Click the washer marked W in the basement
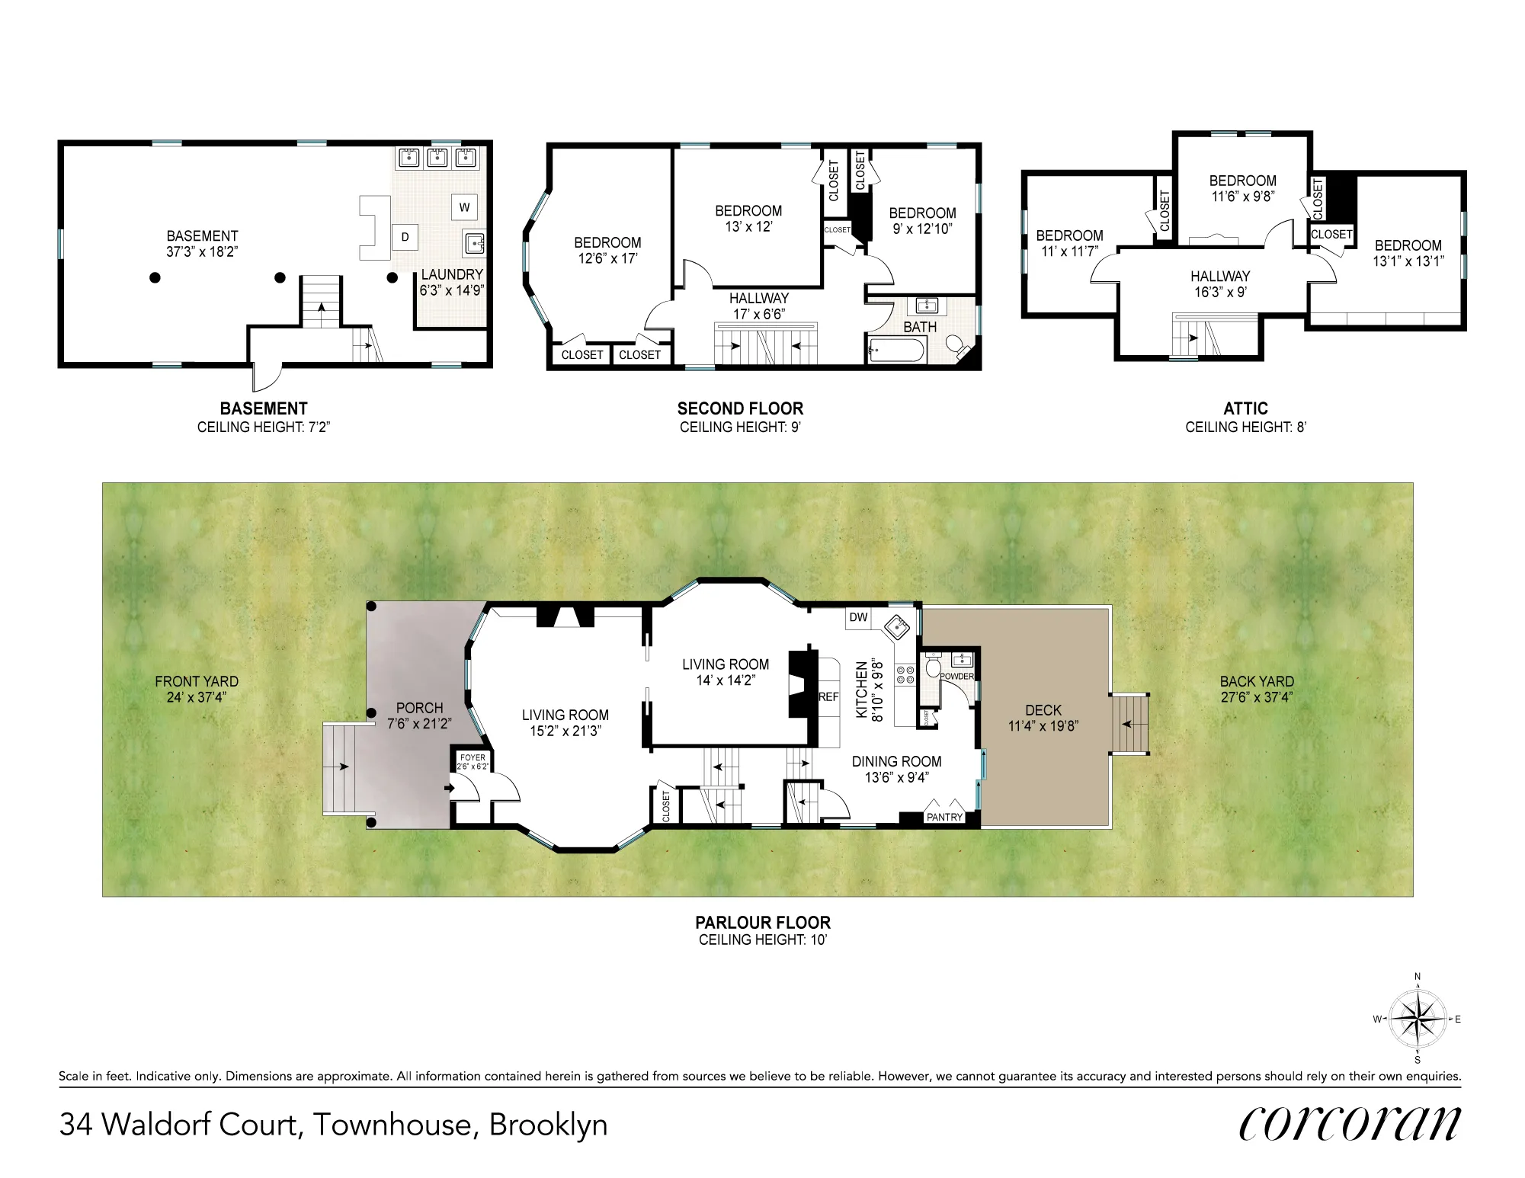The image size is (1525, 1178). [x=464, y=207]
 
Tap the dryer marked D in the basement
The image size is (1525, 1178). [x=405, y=237]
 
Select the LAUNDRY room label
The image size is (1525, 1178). [x=452, y=274]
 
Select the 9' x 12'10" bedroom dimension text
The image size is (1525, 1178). [x=922, y=229]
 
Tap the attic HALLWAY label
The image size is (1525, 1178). [x=1219, y=277]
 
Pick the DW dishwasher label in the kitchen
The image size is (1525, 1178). [x=858, y=617]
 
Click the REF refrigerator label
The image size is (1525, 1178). [x=828, y=697]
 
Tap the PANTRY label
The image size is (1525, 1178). [x=944, y=818]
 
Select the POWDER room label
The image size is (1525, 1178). [x=956, y=677]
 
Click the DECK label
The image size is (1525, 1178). [x=1043, y=710]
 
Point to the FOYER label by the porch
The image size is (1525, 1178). [x=473, y=758]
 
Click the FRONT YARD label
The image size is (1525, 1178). [x=197, y=681]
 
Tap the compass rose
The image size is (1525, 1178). [x=1417, y=1019]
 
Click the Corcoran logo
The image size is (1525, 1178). [x=1350, y=1124]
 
